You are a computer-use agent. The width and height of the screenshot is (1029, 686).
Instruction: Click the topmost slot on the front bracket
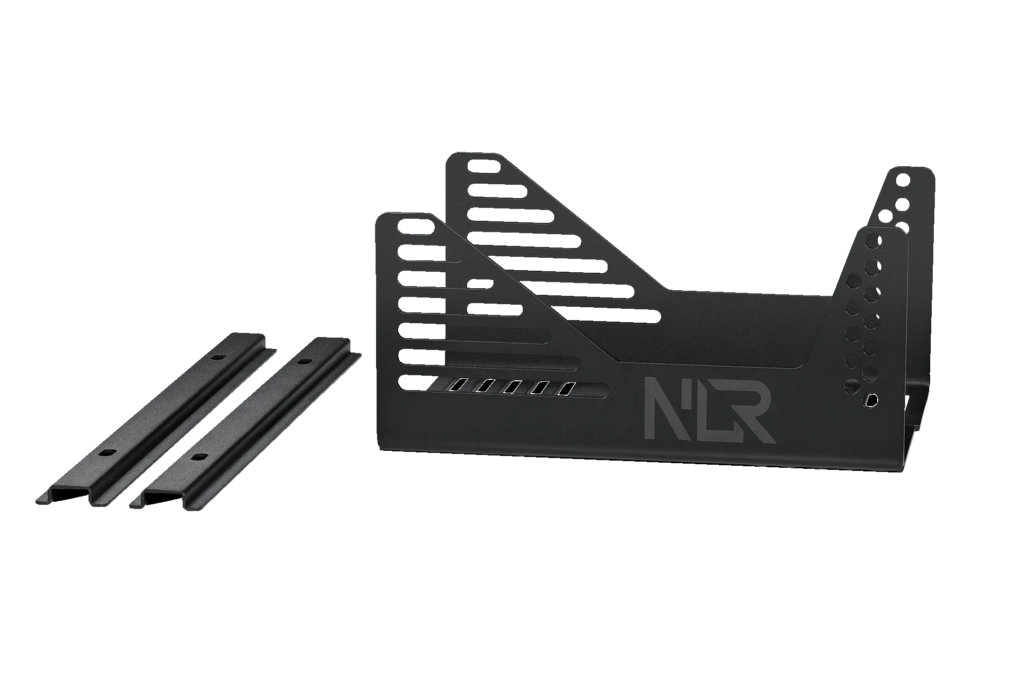[416, 226]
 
